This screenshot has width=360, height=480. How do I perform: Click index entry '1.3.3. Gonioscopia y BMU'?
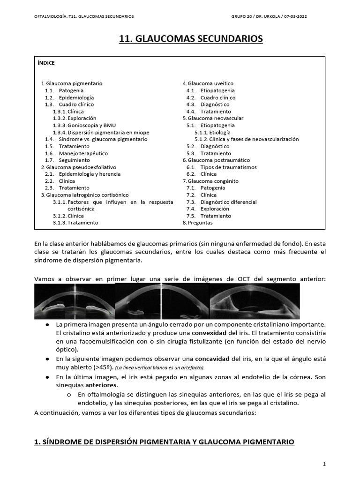pyautogui.click(x=84, y=125)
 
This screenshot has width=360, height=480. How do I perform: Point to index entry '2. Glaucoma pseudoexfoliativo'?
pyautogui.click(x=78, y=167)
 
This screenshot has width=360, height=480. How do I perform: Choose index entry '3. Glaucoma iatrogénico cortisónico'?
pyautogui.click(x=84, y=195)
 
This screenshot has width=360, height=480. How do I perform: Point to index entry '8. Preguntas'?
pyautogui.click(x=197, y=223)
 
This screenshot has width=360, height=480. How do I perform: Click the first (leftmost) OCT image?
pyautogui.click(x=74, y=301)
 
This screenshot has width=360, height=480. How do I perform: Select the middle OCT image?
pyautogui.click(x=162, y=301)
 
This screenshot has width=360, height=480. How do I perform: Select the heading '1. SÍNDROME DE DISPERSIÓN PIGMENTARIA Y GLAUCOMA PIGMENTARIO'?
pyautogui.click(x=164, y=442)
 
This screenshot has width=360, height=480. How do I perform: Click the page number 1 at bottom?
pyautogui.click(x=324, y=464)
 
